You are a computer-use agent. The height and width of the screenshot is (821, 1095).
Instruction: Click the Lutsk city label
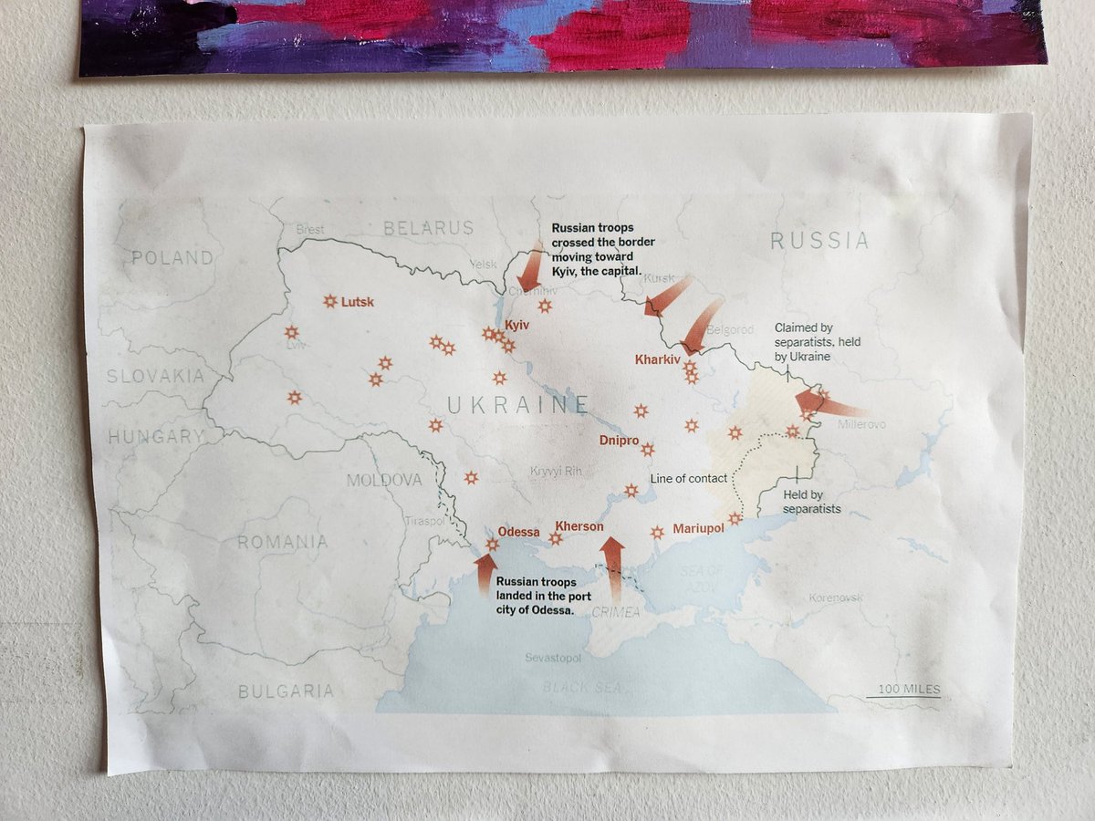[358, 302]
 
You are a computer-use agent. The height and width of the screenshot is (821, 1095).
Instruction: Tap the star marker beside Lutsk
[330, 301]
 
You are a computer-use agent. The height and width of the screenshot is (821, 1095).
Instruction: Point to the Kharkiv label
[658, 359]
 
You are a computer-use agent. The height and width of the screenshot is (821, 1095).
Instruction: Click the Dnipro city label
[619, 441]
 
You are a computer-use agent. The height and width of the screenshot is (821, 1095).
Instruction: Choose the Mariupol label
[698, 528]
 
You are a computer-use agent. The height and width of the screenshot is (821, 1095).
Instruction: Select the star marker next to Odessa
[493, 545]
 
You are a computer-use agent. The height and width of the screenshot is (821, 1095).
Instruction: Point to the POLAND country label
[172, 257]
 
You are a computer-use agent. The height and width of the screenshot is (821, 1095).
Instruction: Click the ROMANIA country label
[282, 542]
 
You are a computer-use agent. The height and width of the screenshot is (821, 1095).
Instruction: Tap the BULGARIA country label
[285, 691]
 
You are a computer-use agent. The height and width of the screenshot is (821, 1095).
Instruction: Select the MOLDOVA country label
[384, 480]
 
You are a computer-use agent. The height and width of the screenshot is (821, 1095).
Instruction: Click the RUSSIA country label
[819, 241]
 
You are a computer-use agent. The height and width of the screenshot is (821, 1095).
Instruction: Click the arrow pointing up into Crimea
[612, 566]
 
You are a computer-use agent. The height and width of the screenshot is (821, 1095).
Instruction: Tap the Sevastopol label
[553, 657]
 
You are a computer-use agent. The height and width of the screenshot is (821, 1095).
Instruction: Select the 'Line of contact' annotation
[689, 478]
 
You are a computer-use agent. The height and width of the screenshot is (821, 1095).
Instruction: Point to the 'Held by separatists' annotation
[812, 502]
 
